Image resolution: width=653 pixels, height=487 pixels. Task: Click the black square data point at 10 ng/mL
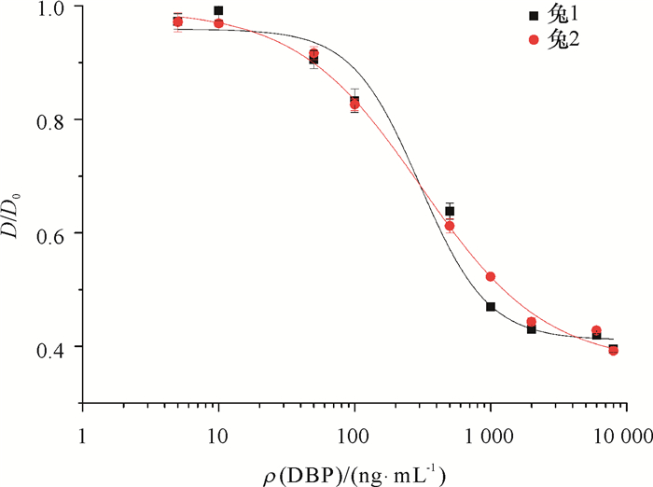218,11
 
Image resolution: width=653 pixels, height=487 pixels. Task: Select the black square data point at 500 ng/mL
450,211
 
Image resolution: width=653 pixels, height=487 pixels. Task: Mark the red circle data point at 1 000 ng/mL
491,276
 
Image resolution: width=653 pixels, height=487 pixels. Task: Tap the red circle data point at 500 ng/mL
450,226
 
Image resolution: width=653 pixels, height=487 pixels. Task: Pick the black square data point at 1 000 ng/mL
491,307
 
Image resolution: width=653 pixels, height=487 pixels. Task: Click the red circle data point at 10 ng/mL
218,23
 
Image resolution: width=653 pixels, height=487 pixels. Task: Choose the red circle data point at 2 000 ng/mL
531,322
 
